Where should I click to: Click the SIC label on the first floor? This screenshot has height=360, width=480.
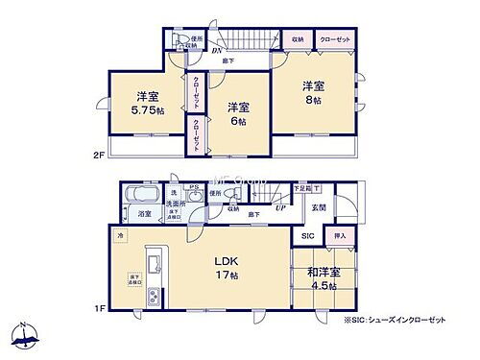[307, 235]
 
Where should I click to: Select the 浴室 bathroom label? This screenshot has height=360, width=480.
[144, 214]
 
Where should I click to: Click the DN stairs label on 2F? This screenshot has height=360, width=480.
[218, 51]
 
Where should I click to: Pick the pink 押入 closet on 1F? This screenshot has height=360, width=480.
[339, 235]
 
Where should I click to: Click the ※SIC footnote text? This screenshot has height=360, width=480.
[405, 320]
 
